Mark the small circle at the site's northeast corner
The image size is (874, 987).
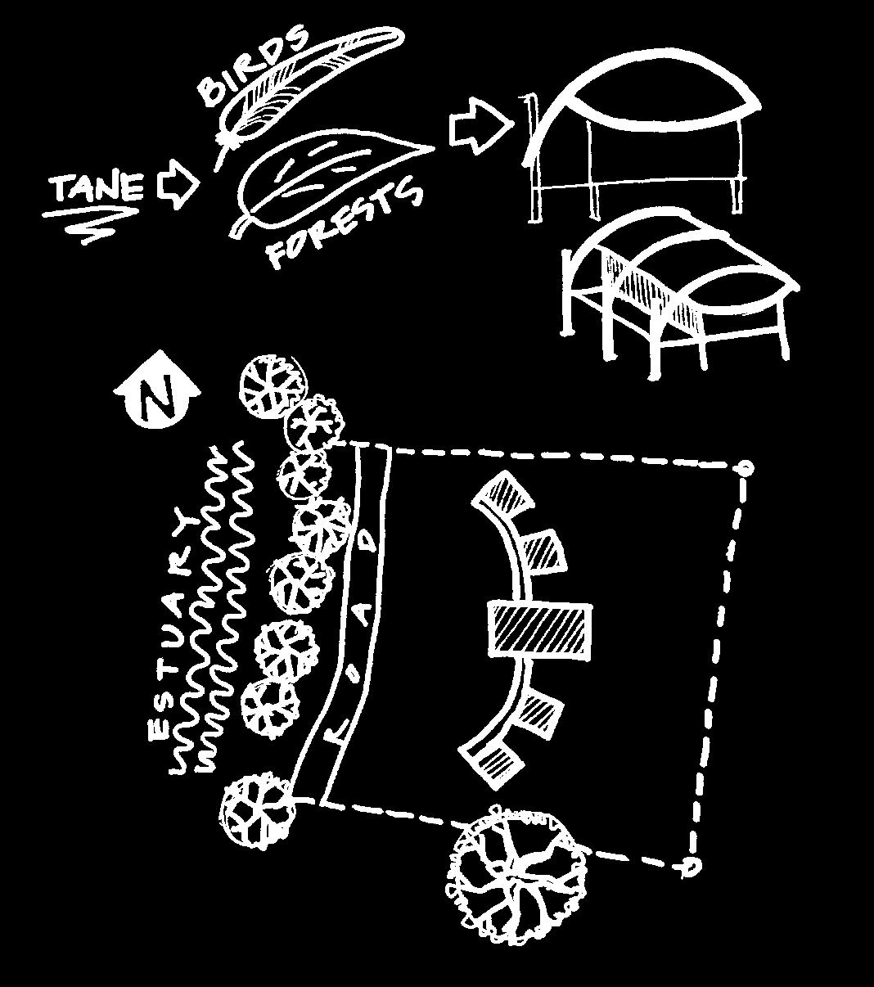coord(746,469)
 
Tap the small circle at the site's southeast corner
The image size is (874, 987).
coord(692,865)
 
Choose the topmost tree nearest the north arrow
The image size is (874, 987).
coord(273,385)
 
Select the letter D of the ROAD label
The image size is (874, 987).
coord(369,540)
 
